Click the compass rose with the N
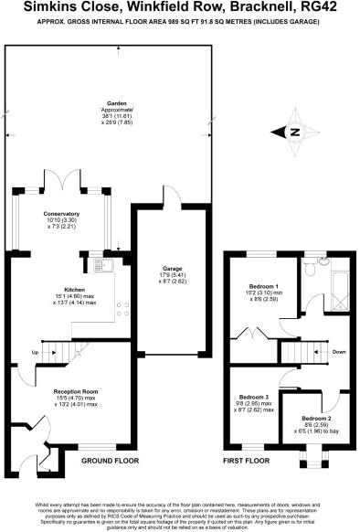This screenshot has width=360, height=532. [x=294, y=133]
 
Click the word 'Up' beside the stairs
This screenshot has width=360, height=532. [x=36, y=352]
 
